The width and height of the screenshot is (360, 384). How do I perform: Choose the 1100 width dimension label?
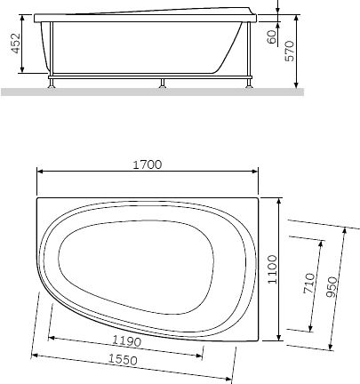pos(273,268)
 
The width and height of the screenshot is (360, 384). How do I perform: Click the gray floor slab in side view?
pos(151,91)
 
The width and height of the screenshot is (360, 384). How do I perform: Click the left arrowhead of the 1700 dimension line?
pos(39,172)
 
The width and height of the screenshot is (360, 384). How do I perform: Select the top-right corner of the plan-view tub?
pos(257,198)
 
